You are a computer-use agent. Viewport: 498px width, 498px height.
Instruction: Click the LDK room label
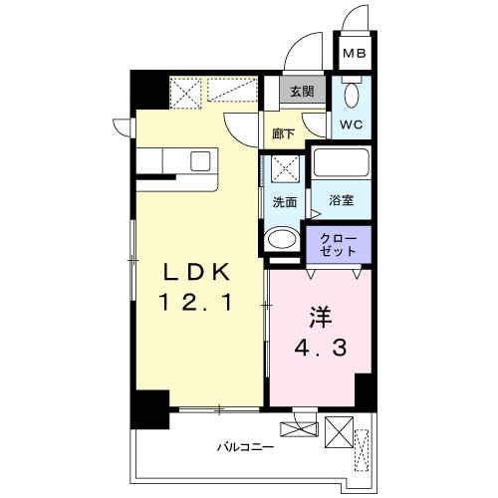(195, 271)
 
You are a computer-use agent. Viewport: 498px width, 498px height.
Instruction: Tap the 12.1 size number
(195, 302)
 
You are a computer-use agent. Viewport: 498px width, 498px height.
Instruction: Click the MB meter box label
(355, 54)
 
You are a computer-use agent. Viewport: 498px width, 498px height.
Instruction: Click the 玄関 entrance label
(303, 91)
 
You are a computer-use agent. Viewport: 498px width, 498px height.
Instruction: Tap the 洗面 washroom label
(284, 201)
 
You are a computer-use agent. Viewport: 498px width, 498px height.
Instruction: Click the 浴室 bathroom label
(341, 200)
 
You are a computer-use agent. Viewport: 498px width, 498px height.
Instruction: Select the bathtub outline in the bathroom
(341, 165)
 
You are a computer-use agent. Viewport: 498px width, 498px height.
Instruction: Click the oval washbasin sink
(282, 240)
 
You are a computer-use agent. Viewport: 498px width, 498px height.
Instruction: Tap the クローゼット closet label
(339, 244)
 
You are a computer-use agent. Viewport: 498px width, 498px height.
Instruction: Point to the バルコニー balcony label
(247, 445)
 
